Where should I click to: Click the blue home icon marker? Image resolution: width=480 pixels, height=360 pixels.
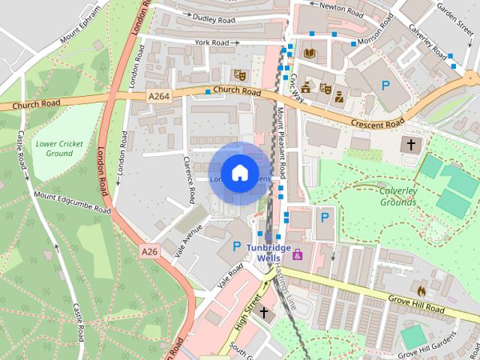point(239,173)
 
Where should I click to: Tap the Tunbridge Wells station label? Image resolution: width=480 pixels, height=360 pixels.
point(268,253)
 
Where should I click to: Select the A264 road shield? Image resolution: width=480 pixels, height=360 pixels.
point(159,96)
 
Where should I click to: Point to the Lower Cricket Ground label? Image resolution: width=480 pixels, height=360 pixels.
point(59,148)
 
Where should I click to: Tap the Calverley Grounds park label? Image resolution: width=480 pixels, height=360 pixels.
point(398,196)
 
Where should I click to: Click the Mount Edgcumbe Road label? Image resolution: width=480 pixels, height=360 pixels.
point(72,202)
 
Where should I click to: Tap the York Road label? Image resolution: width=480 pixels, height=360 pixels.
point(211,43)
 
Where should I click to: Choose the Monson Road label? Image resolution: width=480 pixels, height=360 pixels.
point(376,31)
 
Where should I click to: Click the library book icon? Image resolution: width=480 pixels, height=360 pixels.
point(310,53)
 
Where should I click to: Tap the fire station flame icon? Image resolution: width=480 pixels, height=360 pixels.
point(421,289)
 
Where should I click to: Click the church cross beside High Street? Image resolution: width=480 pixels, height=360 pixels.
point(263,311)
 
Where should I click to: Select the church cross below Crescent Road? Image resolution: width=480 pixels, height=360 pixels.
point(411,144)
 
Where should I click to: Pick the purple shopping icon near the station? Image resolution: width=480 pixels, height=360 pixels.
point(298,253)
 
